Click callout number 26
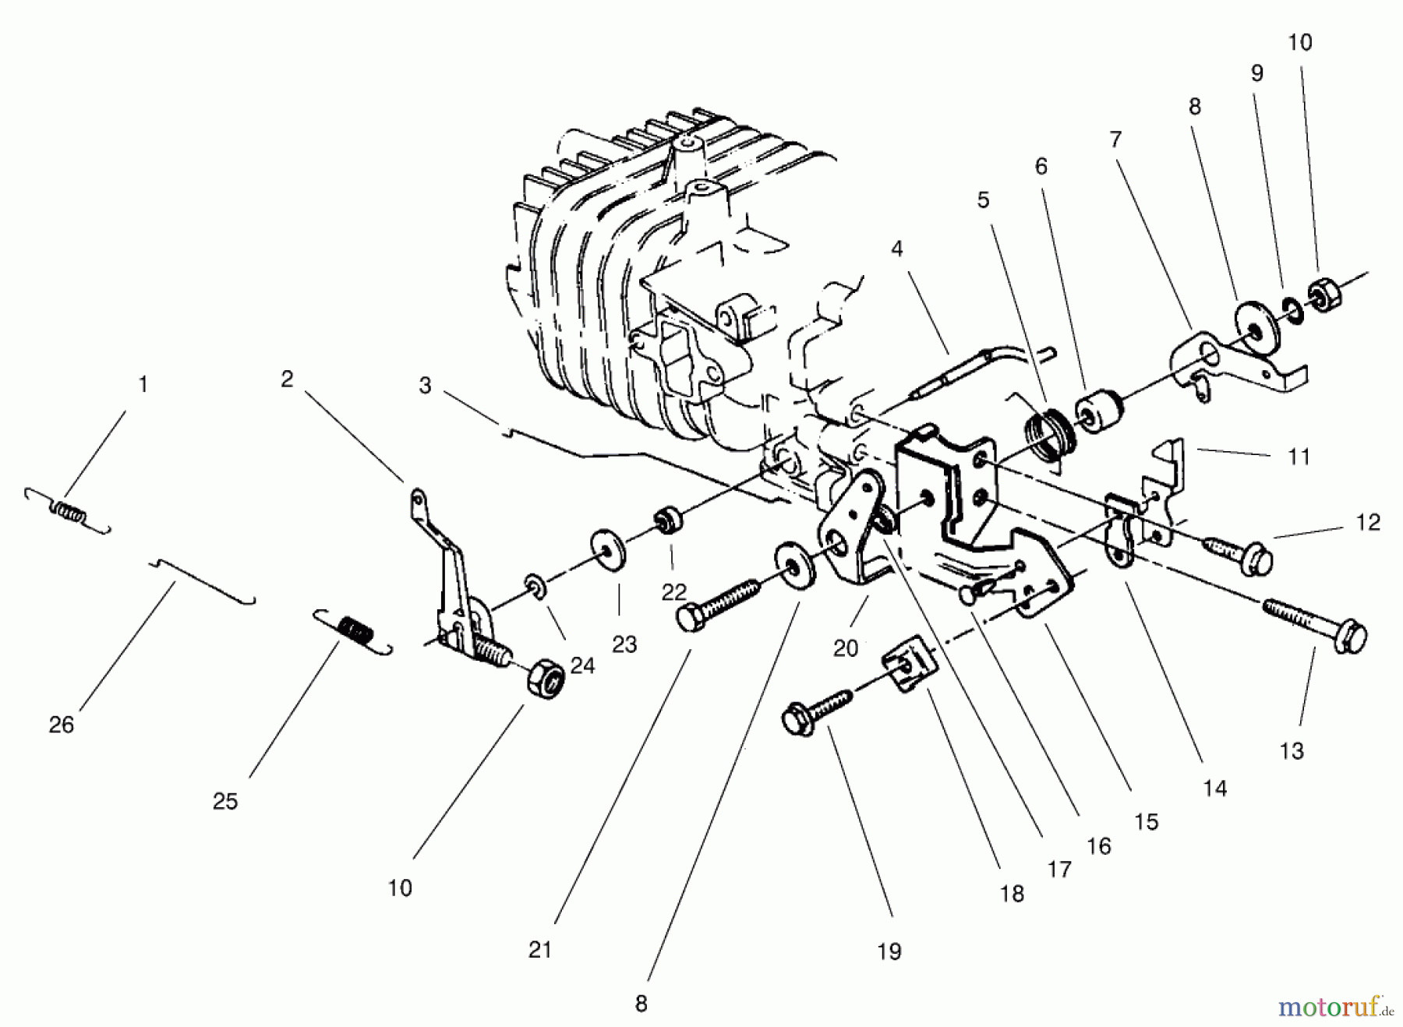(x=62, y=725)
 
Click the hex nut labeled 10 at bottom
(x=546, y=681)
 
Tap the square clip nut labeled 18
(x=909, y=663)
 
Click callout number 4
(x=897, y=249)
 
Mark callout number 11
(x=1299, y=456)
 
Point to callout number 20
(x=846, y=648)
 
